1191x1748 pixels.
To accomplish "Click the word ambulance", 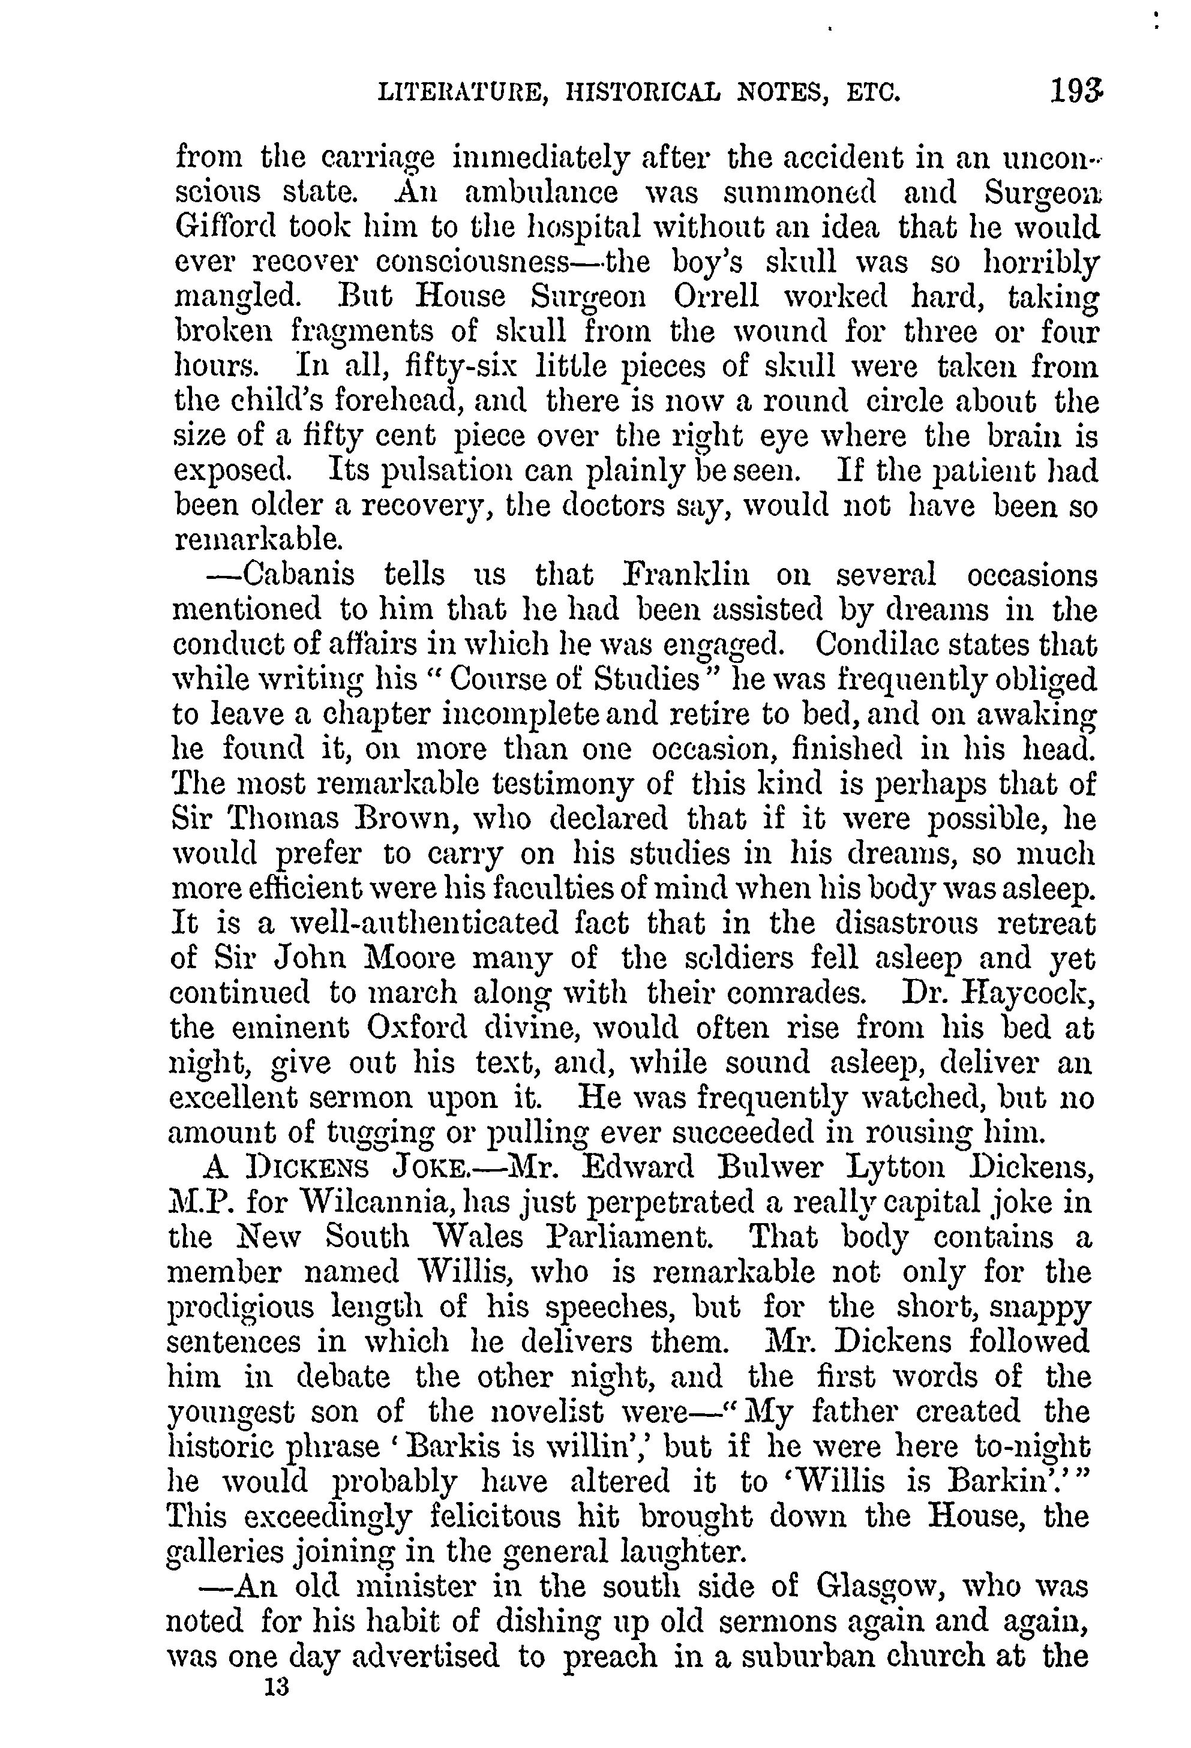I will click(x=542, y=193).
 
